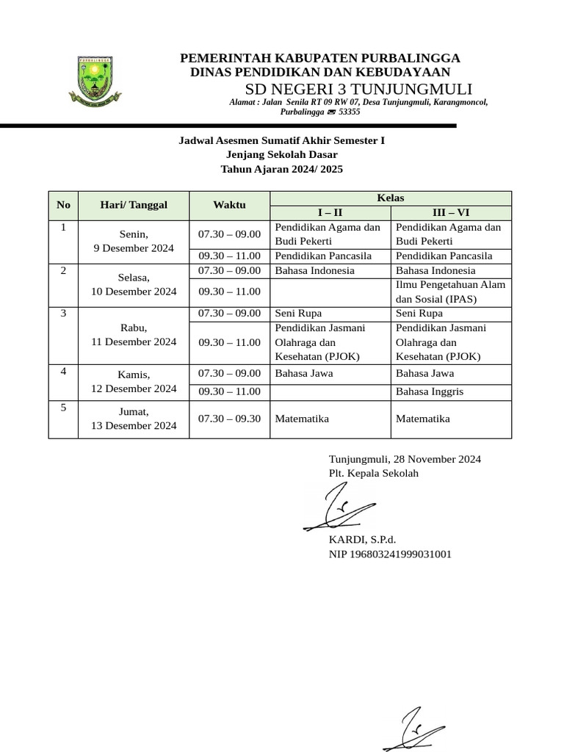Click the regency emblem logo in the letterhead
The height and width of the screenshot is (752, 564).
pyautogui.click(x=95, y=79)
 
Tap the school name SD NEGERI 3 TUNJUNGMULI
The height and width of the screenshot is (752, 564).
pyautogui.click(x=359, y=88)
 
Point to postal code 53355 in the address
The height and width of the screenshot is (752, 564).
pyautogui.click(x=348, y=112)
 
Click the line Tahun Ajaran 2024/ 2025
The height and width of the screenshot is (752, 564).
pyautogui.click(x=282, y=169)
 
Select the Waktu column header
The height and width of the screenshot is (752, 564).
pyautogui.click(x=229, y=205)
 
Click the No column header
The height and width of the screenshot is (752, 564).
pyautogui.click(x=63, y=205)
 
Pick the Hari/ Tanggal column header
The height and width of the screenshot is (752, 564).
pyautogui.click(x=134, y=205)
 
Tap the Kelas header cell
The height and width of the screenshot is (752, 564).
pyautogui.click(x=390, y=198)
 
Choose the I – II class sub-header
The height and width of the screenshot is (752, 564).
pyautogui.click(x=330, y=213)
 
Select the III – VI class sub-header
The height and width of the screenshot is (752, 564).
pyautogui.click(x=450, y=213)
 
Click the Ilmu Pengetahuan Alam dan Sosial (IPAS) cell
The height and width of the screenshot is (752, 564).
pyautogui.click(x=450, y=292)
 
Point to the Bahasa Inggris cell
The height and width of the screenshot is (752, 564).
pyautogui.click(x=430, y=391)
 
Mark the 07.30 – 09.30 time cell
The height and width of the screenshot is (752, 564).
pyautogui.click(x=229, y=419)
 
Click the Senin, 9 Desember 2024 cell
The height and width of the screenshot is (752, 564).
pyautogui.click(x=134, y=241)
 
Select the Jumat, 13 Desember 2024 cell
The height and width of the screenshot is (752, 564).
pyautogui.click(x=134, y=419)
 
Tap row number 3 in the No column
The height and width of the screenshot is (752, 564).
pyautogui.click(x=63, y=314)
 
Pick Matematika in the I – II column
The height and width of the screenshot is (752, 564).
pyautogui.click(x=302, y=419)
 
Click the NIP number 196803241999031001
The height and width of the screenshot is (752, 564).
pyautogui.click(x=390, y=554)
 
